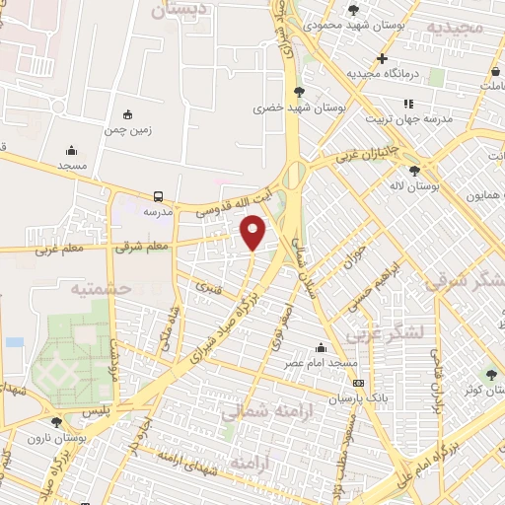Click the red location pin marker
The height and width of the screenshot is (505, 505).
click(253, 232)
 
